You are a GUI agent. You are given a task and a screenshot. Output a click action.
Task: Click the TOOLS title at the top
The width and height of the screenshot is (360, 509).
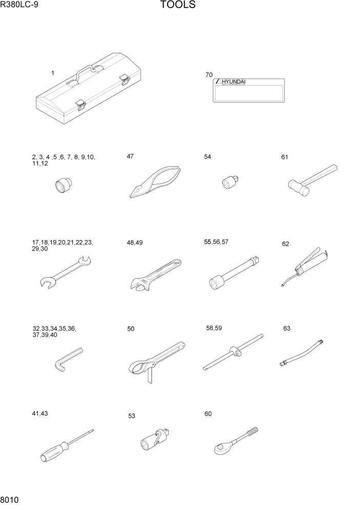[x=177, y=6]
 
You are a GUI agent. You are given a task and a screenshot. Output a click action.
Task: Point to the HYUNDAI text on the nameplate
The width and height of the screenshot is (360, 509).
[x=234, y=82]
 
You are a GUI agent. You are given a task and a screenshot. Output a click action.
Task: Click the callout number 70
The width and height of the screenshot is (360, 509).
[x=209, y=75]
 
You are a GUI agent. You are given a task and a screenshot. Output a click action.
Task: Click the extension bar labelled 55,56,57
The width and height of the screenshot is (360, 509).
[x=235, y=270]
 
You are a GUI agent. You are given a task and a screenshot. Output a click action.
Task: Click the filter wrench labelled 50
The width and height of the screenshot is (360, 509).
[x=153, y=359]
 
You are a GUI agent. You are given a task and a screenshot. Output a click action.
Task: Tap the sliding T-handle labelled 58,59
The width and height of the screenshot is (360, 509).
[x=233, y=352]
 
